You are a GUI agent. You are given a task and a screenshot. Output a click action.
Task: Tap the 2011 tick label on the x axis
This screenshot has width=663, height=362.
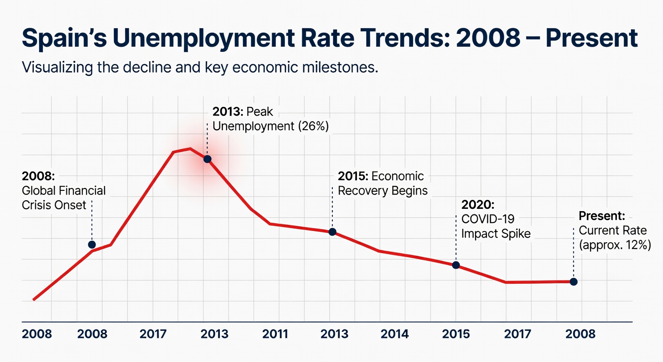click(x=275, y=334)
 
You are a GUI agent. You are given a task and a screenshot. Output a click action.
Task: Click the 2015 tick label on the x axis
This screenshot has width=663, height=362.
click(x=456, y=334)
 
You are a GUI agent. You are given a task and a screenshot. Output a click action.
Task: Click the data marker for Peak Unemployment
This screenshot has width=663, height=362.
click(x=207, y=159)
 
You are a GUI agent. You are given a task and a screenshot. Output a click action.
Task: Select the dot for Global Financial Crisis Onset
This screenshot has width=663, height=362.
click(x=92, y=244)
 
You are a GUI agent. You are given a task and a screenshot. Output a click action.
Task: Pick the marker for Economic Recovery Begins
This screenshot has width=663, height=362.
click(x=332, y=232)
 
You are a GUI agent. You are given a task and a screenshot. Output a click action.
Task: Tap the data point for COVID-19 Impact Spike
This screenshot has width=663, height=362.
click(x=456, y=265)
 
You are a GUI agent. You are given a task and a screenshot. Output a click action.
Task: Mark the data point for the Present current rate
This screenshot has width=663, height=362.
click(x=574, y=282)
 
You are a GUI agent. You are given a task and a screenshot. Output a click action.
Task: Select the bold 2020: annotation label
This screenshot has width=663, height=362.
click(x=478, y=205)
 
